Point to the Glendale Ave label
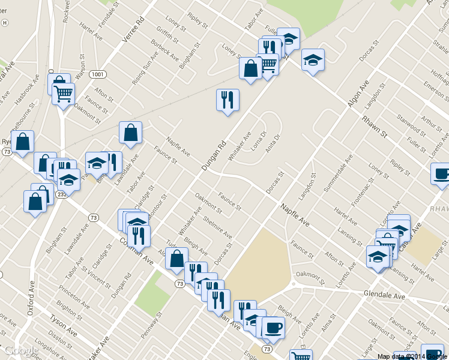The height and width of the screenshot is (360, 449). [x=384, y=295]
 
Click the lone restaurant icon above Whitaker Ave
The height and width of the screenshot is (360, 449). [x=228, y=100]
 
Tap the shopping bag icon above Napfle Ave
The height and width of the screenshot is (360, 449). [x=130, y=133]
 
